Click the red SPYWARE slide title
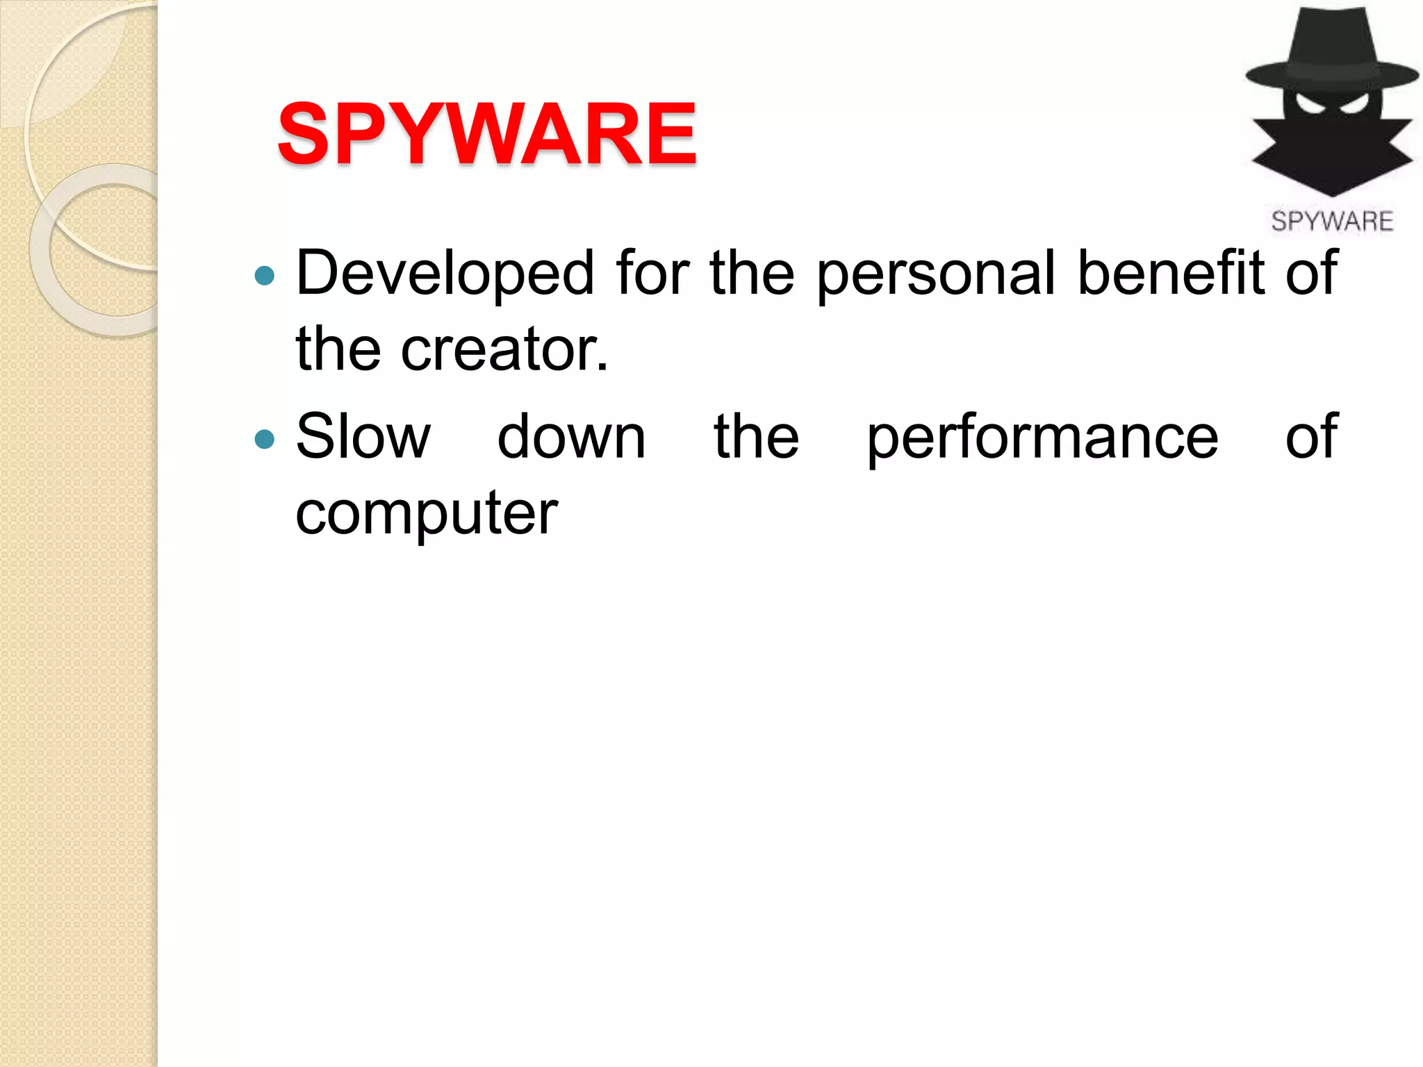tap(486, 133)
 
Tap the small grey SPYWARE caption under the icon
tap(1332, 222)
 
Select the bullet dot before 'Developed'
tap(265, 276)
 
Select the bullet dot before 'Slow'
tap(265, 439)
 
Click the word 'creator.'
tap(504, 349)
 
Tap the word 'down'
tap(571, 438)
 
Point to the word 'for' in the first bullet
tap(652, 272)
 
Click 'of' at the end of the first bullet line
tap(1311, 272)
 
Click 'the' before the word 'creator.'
tap(338, 349)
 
